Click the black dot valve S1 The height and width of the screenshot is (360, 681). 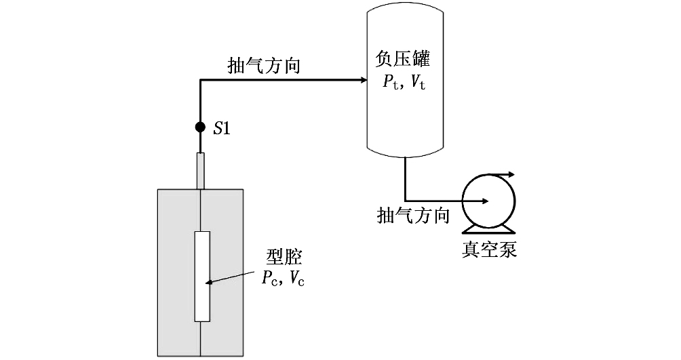(200, 127)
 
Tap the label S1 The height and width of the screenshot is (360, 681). (222, 128)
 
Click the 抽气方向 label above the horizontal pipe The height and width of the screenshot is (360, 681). (264, 66)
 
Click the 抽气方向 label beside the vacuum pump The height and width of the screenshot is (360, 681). (413, 216)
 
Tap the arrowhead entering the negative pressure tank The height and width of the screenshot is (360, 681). (363, 80)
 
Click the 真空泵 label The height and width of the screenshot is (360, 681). (490, 249)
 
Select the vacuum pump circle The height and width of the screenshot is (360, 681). (488, 201)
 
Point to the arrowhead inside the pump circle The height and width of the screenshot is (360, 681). (484, 201)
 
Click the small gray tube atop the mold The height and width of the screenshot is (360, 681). (201, 171)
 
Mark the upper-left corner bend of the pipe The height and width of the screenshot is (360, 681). (201, 81)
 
